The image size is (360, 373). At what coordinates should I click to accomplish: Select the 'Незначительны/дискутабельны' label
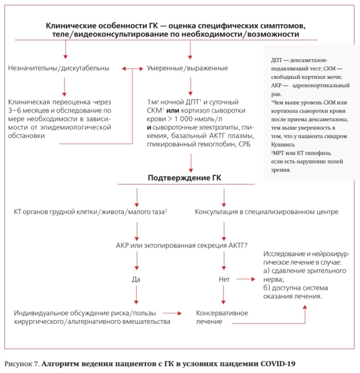click(60, 67)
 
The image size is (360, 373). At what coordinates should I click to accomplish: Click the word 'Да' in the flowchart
click(136, 280)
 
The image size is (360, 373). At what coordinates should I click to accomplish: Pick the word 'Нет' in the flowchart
click(225, 280)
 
